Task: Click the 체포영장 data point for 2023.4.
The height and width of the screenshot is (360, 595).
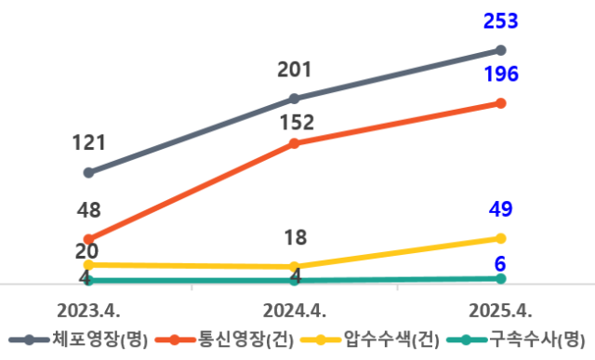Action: pyautogui.click(x=88, y=172)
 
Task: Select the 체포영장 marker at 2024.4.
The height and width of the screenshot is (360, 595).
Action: pyautogui.click(x=294, y=98)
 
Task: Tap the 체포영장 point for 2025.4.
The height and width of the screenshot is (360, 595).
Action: pyautogui.click(x=500, y=50)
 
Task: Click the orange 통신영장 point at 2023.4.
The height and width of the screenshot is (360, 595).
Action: pyautogui.click(x=88, y=239)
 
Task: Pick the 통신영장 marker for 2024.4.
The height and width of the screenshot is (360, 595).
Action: pyautogui.click(x=294, y=143)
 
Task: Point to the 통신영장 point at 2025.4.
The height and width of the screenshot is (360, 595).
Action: pyautogui.click(x=500, y=103)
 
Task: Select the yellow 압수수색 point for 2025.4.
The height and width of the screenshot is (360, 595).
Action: pyautogui.click(x=500, y=238)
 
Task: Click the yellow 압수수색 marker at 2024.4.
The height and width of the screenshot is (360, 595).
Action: pyautogui.click(x=294, y=267)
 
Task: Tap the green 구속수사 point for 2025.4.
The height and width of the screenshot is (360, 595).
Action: pyautogui.click(x=500, y=278)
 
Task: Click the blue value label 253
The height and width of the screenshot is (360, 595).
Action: pyautogui.click(x=500, y=21)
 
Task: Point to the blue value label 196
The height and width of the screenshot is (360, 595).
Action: pyautogui.click(x=500, y=75)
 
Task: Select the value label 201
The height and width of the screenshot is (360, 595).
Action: pyautogui.click(x=294, y=70)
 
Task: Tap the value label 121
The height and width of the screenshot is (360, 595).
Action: pyautogui.click(x=89, y=143)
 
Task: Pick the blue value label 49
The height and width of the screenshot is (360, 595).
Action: pyautogui.click(x=500, y=209)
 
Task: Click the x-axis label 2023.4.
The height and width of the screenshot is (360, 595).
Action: pyautogui.click(x=89, y=310)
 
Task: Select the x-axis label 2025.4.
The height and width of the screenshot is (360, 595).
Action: pyautogui.click(x=500, y=310)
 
